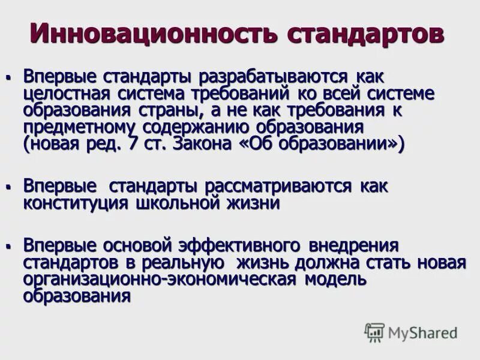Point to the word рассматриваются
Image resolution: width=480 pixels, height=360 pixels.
[277, 187]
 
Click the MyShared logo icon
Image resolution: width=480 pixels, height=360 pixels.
[374, 332]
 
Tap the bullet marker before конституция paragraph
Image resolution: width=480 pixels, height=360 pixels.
[9, 187]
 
